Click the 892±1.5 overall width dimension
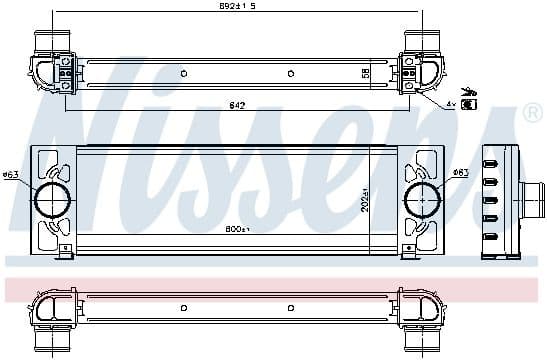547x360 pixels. pos(237,7)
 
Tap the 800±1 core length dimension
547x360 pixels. pos(237,229)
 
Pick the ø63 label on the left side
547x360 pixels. pos(11,176)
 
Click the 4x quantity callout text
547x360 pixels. pos(451,103)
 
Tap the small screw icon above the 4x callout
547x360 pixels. pos(470,91)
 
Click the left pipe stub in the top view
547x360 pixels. pos(51,42)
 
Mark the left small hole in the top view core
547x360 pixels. pos(182,73)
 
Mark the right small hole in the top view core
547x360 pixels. pos(289,73)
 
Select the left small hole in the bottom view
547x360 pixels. pos(182,307)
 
